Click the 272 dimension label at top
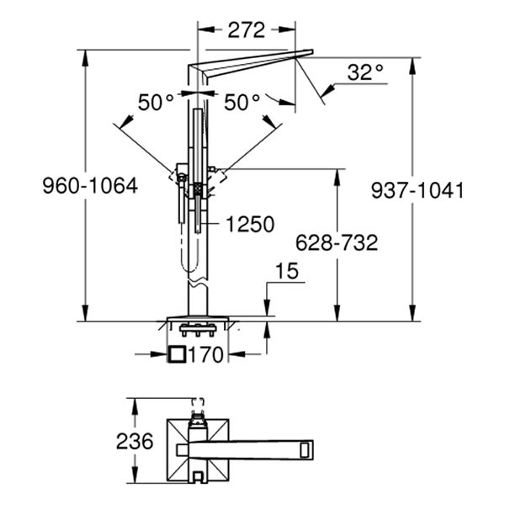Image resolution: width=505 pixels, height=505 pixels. pyautogui.click(x=247, y=30)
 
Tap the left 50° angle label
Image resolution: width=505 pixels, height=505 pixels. pyautogui.click(x=156, y=103)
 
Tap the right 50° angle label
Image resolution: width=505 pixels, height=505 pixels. pyautogui.click(x=242, y=103)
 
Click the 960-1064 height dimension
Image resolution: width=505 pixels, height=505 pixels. pyautogui.click(x=90, y=187)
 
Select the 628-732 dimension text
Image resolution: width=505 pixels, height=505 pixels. pyautogui.click(x=337, y=243)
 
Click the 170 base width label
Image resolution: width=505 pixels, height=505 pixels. pyautogui.click(x=207, y=355)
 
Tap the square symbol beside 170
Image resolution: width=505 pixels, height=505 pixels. pyautogui.click(x=177, y=354)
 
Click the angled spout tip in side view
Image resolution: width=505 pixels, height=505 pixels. pyautogui.click(x=303, y=55)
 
